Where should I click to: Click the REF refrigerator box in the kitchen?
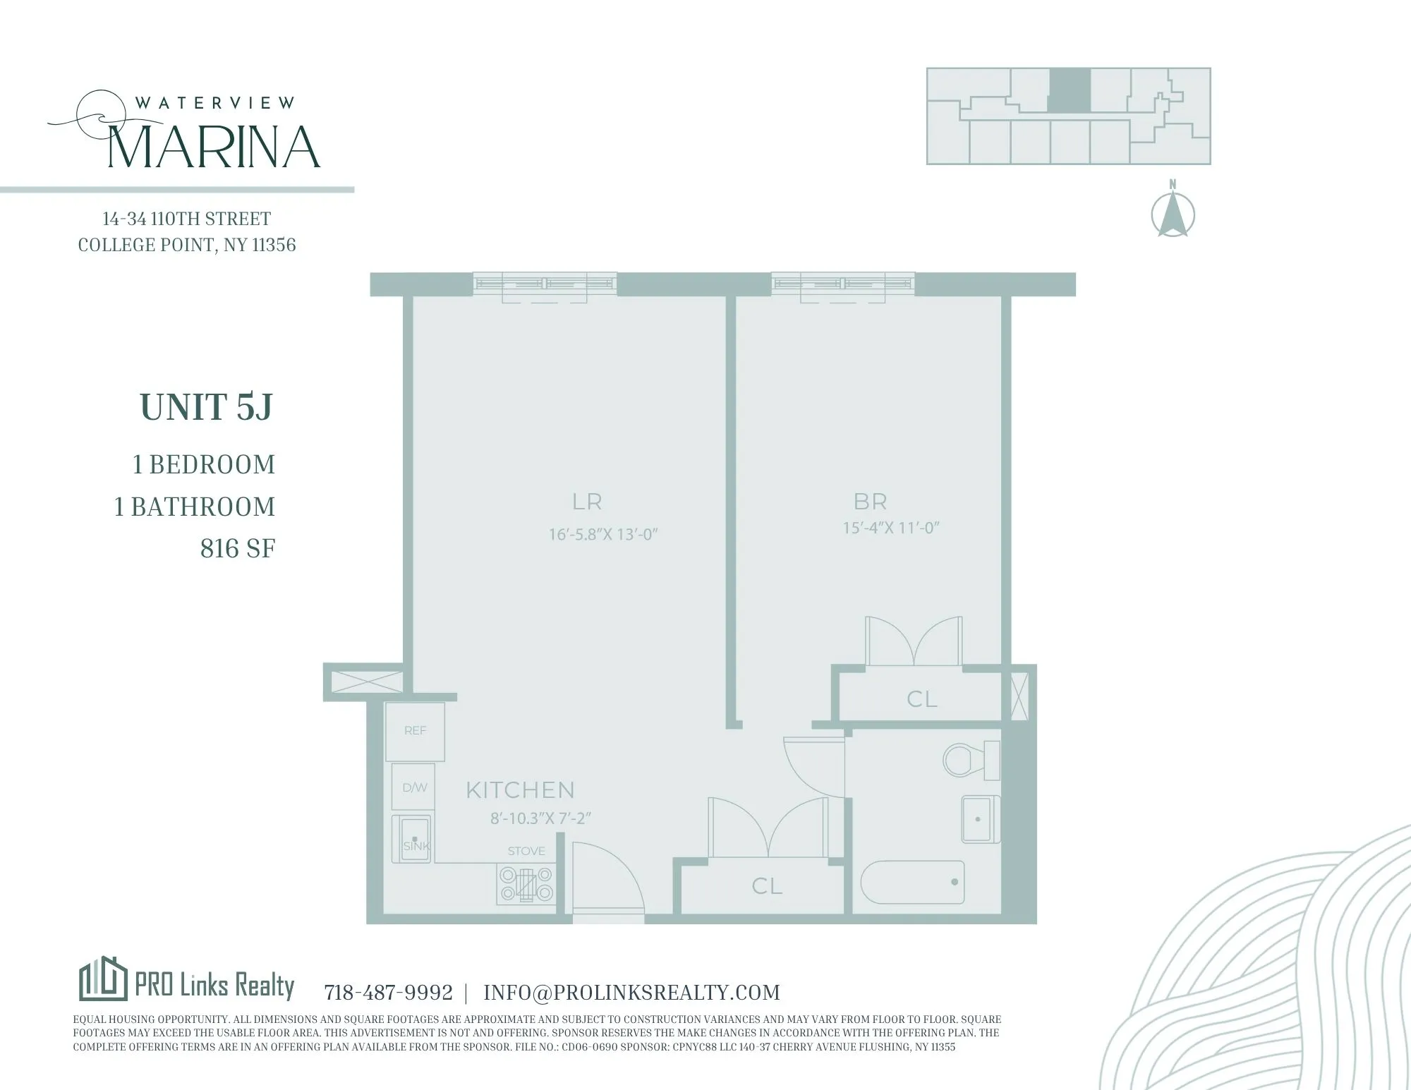pyautogui.click(x=415, y=731)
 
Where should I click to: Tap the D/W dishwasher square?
pyautogui.click(x=413, y=787)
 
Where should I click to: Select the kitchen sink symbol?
pyautogui.click(x=413, y=839)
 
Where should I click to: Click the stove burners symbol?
pyautogui.click(x=526, y=885)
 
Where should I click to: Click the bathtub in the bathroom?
pyautogui.click(x=912, y=882)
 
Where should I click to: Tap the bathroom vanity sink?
pyautogui.click(x=980, y=819)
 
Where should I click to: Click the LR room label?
pyautogui.click(x=587, y=502)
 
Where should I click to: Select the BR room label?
pyautogui.click(x=870, y=502)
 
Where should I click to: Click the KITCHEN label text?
pyautogui.click(x=520, y=789)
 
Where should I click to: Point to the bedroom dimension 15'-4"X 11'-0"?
pyautogui.click(x=892, y=528)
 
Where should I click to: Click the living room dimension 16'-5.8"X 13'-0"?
pyautogui.click(x=603, y=534)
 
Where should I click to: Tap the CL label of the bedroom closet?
pyautogui.click(x=921, y=699)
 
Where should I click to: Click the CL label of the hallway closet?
pyautogui.click(x=767, y=886)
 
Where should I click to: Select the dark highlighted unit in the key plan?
pyautogui.click(x=1070, y=90)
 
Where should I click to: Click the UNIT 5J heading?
pyautogui.click(x=206, y=407)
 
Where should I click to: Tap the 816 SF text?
pyautogui.click(x=238, y=548)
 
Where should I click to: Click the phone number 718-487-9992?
pyautogui.click(x=388, y=993)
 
